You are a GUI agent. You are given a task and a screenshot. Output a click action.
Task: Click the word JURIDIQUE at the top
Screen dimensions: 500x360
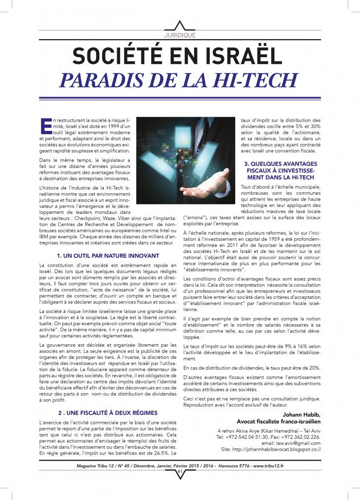tap(180, 35)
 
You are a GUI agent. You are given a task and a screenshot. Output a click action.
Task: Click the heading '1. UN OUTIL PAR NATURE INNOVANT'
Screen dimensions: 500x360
tap(108, 255)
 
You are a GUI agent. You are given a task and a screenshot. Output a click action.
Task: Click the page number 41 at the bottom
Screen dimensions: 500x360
tap(180, 472)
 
